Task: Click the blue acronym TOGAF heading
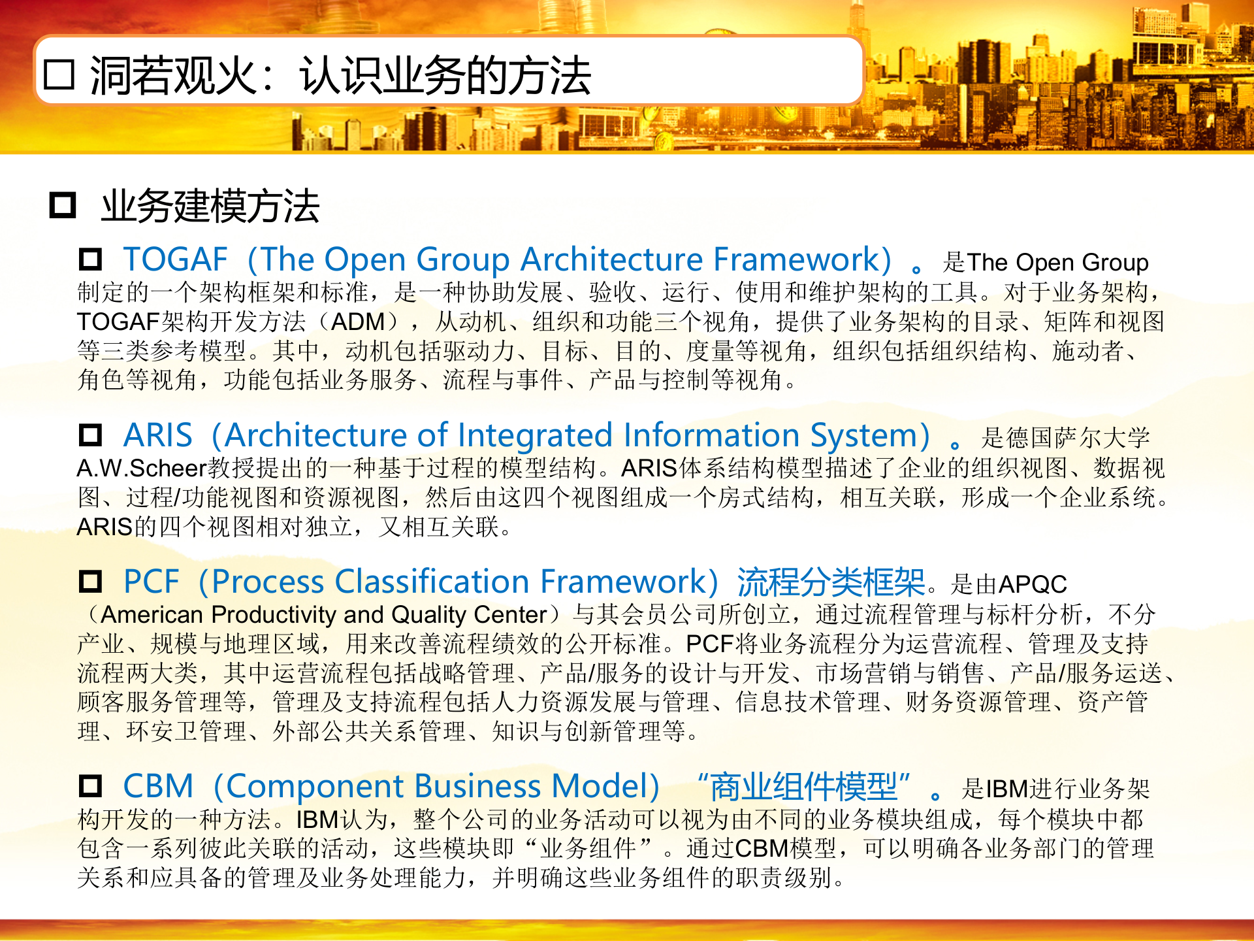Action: (175, 259)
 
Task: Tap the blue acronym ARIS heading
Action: (157, 435)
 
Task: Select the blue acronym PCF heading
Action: (151, 582)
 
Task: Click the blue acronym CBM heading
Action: (158, 786)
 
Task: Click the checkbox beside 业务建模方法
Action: (63, 205)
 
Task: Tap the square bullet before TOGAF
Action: (90, 259)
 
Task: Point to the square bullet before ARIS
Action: (90, 435)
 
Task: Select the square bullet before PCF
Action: (90, 582)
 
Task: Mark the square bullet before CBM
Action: (90, 786)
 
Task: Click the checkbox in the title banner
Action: (59, 75)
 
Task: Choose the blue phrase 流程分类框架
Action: (831, 582)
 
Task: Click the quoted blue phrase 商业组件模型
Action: (803, 786)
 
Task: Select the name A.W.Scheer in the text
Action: (141, 469)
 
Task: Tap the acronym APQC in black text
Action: (1033, 584)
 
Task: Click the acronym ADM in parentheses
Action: (358, 322)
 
